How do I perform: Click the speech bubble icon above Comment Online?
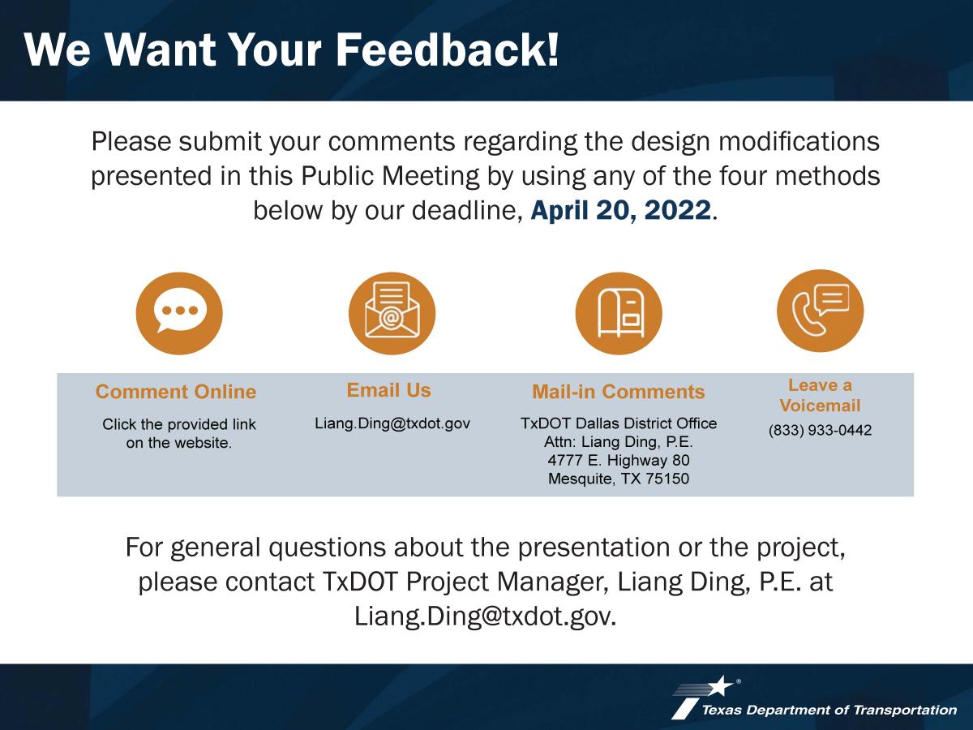(x=179, y=313)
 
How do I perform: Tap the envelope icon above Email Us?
(x=392, y=313)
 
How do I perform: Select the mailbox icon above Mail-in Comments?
(x=619, y=313)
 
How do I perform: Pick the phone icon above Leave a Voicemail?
(x=820, y=311)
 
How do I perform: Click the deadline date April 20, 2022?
(x=620, y=210)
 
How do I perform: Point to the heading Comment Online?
(x=176, y=392)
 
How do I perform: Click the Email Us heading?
(x=388, y=390)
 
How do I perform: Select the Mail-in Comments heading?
(x=619, y=392)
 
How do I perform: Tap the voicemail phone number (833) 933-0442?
(x=820, y=430)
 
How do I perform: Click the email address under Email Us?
(x=392, y=423)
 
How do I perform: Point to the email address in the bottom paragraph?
(x=485, y=616)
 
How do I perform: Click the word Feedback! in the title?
(x=448, y=49)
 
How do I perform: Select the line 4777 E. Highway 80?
(x=619, y=460)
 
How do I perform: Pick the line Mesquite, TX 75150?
(x=619, y=479)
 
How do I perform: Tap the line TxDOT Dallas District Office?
(x=619, y=423)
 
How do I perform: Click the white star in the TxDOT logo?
(x=721, y=686)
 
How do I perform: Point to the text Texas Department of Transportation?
(x=829, y=710)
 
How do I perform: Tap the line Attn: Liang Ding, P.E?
(x=619, y=442)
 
